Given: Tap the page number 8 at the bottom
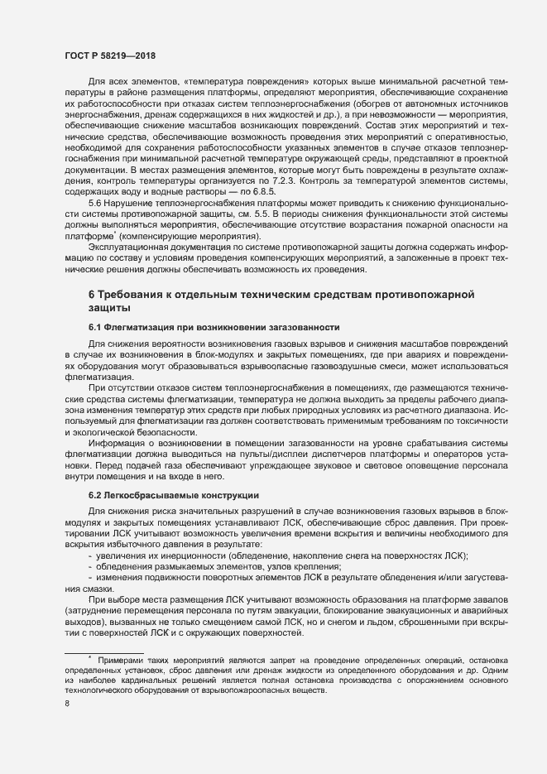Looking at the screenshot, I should pos(67,704).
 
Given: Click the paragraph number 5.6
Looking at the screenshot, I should pos(94,203).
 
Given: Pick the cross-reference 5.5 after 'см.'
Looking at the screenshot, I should pos(277,214).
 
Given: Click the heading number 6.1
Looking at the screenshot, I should pos(95,327).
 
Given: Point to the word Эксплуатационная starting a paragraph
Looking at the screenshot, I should pos(128,246).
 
